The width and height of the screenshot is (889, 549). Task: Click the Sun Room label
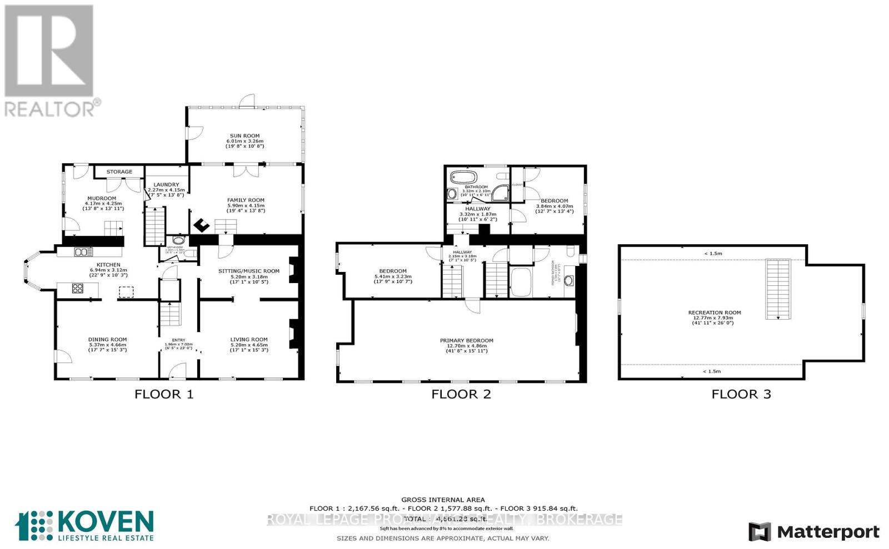(244, 135)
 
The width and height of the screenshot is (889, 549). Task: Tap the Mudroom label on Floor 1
(102, 198)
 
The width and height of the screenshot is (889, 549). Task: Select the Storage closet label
(119, 172)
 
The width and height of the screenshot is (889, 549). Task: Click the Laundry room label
(166, 185)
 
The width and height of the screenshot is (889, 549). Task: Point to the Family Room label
(246, 200)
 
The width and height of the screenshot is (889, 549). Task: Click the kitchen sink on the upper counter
(83, 252)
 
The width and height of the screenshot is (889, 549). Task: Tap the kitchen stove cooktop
(78, 289)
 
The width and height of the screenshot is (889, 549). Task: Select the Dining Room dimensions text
(107, 347)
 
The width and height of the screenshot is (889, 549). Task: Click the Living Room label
(249, 339)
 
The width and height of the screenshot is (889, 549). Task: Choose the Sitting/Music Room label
(248, 271)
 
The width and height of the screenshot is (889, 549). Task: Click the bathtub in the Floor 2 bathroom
(463, 178)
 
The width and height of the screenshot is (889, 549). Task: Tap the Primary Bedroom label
(466, 341)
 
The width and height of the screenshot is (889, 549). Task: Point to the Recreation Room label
(714, 313)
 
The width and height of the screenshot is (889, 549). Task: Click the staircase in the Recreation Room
(778, 289)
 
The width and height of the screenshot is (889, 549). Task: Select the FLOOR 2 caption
(461, 394)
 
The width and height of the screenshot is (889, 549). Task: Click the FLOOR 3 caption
(741, 394)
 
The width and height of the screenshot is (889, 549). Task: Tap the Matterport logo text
(828, 532)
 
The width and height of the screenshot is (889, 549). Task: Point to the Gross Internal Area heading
(443, 500)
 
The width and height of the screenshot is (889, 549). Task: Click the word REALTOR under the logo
(50, 108)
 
